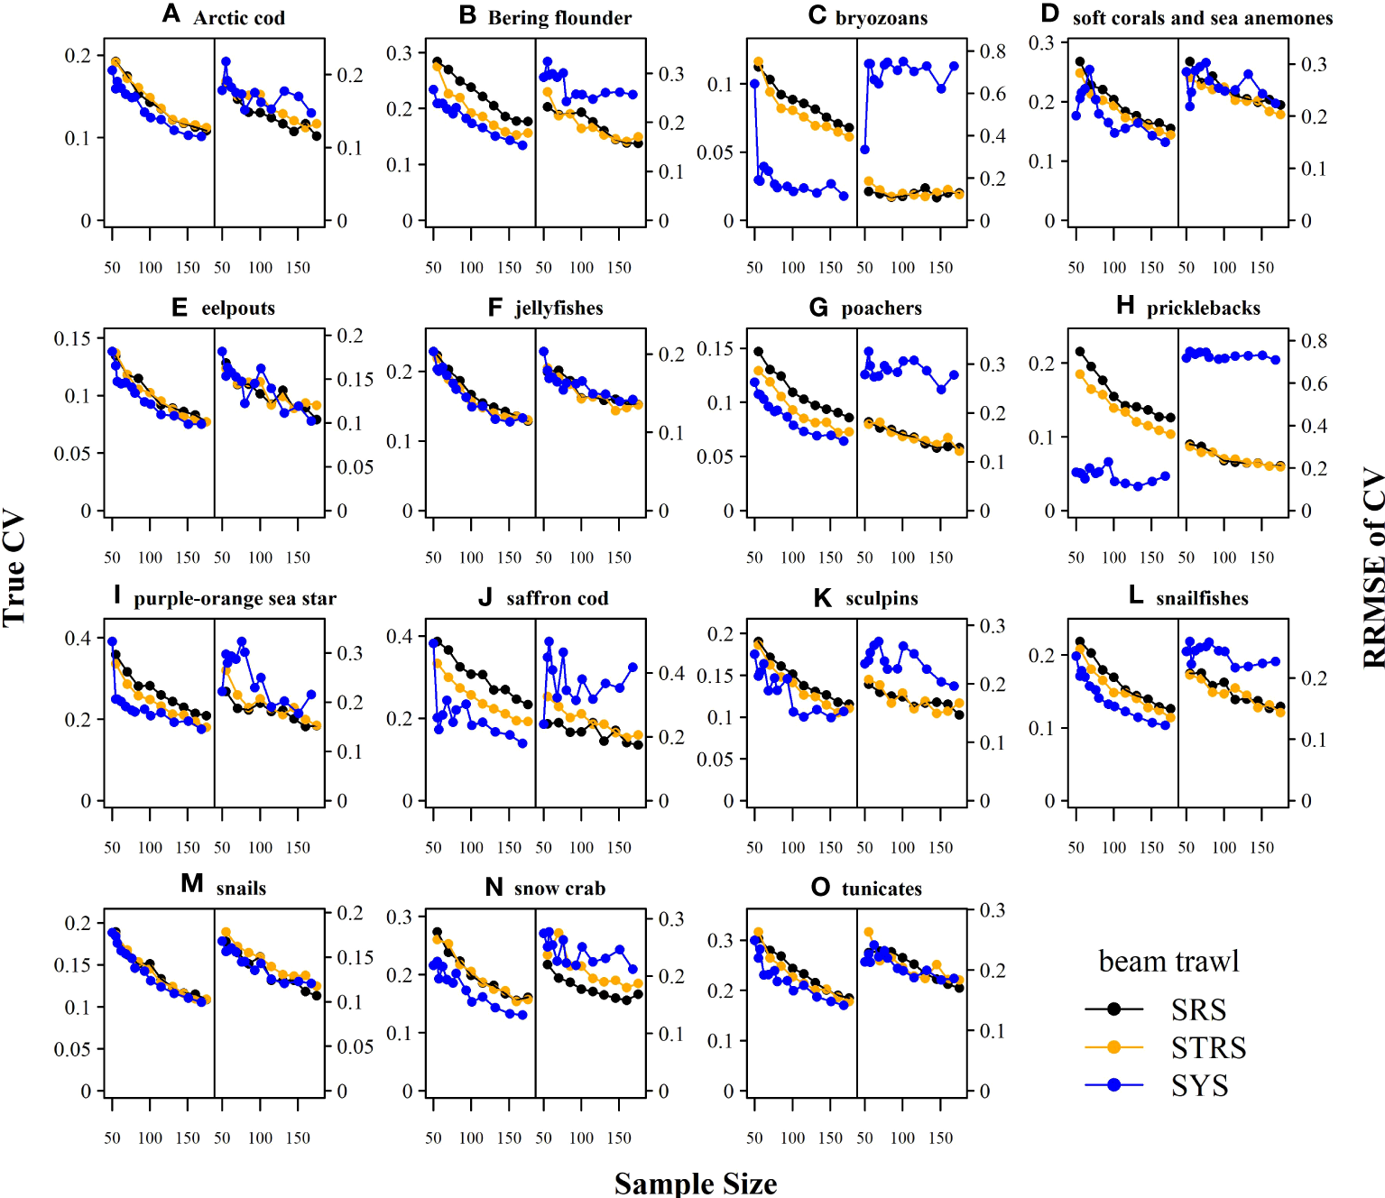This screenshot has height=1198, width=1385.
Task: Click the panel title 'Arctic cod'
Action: point(239,18)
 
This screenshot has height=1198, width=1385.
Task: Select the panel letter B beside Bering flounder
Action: point(467,15)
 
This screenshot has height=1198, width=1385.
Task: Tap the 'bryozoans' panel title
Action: point(882,18)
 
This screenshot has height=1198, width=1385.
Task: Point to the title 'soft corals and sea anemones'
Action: point(1203,18)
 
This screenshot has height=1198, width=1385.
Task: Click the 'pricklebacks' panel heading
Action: point(1204,309)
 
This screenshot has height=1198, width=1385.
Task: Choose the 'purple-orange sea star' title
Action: point(235,599)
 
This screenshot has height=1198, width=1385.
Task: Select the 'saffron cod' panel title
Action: point(558,599)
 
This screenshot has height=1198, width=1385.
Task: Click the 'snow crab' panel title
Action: point(559,889)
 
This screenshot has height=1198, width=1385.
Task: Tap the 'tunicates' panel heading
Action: point(882,889)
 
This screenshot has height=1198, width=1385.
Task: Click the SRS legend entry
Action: point(1198,1009)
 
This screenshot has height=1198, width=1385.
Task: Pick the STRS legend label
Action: point(1208,1047)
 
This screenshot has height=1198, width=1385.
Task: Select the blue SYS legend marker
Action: point(1113,1084)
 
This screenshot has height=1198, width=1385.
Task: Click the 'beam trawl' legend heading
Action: point(1168,962)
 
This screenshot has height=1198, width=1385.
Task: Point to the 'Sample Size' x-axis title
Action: point(696,1183)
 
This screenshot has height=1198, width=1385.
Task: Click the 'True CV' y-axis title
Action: point(14,570)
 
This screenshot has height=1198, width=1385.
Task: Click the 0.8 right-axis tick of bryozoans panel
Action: point(993,51)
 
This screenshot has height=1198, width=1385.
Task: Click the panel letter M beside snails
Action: point(192,883)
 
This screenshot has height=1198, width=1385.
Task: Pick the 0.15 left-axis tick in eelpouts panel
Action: point(72,338)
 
